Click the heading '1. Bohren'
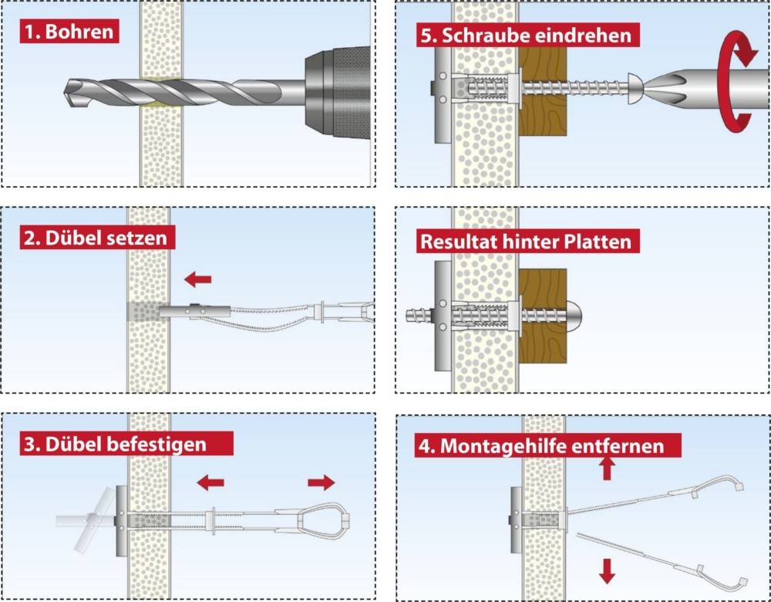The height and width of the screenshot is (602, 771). [69, 33]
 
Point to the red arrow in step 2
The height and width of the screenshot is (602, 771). [197, 279]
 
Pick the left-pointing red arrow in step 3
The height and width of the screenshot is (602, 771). [210, 483]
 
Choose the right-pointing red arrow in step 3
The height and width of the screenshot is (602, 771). [322, 483]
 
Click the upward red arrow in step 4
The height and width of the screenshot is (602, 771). [607, 467]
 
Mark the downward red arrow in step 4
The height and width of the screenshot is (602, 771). [607, 571]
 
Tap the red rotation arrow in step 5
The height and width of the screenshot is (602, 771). [735, 77]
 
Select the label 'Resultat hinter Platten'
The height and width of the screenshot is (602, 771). [525, 241]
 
